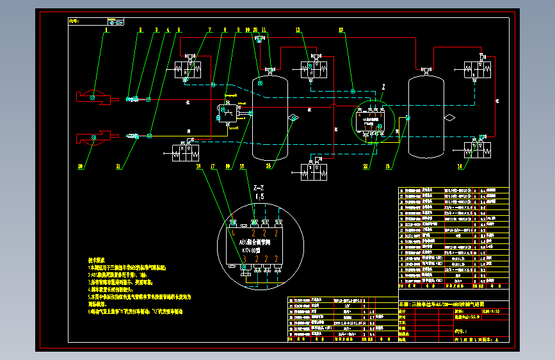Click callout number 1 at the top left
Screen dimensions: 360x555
108,30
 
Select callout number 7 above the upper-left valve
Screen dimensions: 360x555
209,30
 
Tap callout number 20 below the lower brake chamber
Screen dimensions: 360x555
81,167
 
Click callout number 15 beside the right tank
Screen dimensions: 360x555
387,167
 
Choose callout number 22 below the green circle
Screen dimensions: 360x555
366,167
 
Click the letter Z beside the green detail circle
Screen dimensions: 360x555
383,86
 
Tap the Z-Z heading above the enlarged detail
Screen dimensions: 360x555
259,188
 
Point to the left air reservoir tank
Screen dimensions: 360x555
269,119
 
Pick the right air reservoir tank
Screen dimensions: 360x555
426,115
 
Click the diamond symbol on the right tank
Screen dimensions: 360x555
449,117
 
